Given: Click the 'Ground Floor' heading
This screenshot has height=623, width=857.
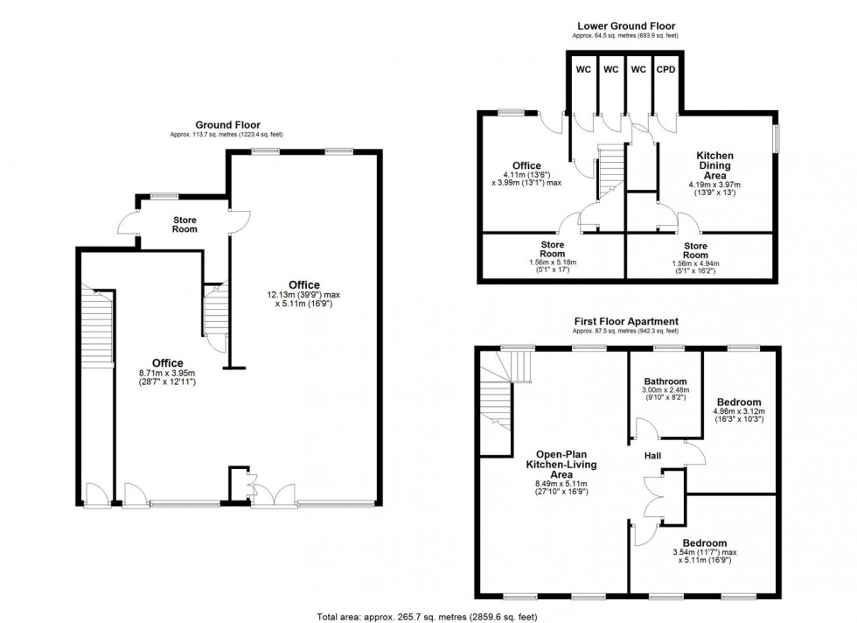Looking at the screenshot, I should point(227,125).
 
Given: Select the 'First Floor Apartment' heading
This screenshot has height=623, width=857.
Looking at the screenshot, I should point(625,321).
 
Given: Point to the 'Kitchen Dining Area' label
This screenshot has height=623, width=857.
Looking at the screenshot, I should point(714,165).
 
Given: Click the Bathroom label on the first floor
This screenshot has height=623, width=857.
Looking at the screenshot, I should point(665,381).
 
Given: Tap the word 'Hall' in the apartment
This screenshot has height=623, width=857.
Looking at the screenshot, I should point(652,456).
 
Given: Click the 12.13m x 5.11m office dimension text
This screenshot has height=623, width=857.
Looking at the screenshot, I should point(303,299).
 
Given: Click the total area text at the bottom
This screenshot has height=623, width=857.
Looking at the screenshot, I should point(428,616).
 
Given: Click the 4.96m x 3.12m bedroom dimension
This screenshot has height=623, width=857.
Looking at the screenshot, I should point(740,415).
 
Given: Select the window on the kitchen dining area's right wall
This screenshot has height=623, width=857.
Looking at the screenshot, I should point(775,139).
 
